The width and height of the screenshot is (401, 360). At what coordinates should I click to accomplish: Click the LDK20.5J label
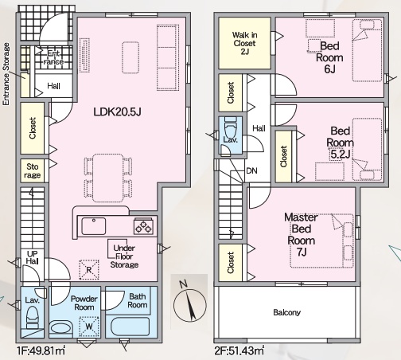(x=117, y=112)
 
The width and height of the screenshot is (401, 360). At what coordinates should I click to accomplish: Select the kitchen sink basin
(x=93, y=226)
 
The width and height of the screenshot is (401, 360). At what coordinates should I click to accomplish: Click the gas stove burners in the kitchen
(x=143, y=226)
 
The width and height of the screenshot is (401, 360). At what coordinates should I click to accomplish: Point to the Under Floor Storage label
(x=124, y=256)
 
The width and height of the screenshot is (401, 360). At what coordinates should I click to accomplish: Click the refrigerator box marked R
(x=89, y=270)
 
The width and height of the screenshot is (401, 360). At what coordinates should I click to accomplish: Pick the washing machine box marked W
(x=89, y=327)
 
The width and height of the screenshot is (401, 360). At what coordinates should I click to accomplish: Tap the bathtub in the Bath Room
(x=130, y=327)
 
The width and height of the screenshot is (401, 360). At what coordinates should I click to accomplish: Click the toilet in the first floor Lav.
(x=33, y=318)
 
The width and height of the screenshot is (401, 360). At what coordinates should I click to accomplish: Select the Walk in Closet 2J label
(x=244, y=43)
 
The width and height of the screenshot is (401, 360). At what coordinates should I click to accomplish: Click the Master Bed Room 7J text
(x=302, y=234)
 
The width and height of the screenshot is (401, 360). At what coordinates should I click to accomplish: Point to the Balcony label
(x=286, y=312)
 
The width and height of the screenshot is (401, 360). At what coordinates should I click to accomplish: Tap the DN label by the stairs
(x=251, y=170)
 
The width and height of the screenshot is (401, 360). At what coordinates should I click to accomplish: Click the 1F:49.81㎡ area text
(x=41, y=351)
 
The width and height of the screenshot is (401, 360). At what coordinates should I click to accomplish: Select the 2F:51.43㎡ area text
(x=239, y=351)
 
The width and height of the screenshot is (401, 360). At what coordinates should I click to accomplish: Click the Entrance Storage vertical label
(x=6, y=74)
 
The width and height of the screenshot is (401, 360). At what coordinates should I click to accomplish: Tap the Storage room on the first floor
(x=33, y=170)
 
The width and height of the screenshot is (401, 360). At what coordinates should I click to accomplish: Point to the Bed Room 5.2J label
(x=341, y=143)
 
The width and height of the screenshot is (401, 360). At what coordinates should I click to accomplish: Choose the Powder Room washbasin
(x=60, y=328)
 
